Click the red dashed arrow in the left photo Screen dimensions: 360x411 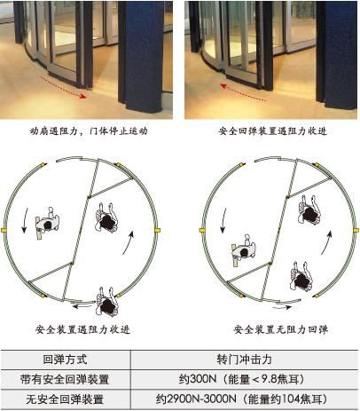pyautogui.click(x=64, y=88)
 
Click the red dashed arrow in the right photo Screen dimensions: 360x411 pyautogui.click(x=244, y=93)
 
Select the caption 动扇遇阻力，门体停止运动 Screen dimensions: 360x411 pyautogui.click(x=89, y=130)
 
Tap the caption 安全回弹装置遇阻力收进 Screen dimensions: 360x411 pyautogui.click(x=273, y=130)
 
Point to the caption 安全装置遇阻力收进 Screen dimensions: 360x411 pyautogui.click(x=82, y=329)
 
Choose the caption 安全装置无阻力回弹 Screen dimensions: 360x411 pyautogui.click(x=281, y=329)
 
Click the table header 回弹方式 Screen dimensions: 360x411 pyautogui.click(x=65, y=360)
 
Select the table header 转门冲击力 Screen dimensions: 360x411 pyautogui.click(x=245, y=360)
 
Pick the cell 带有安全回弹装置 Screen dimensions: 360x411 pyautogui.click(x=65, y=379)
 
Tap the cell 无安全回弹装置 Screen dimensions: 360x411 pyautogui.click(x=65, y=399)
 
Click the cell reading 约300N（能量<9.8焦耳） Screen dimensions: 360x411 pyautogui.click(x=241, y=379)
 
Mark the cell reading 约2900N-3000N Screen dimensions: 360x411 pyautogui.click(x=196, y=399)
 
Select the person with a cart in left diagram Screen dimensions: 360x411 pyautogui.click(x=48, y=223)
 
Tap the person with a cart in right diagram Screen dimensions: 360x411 pyautogui.click(x=244, y=250)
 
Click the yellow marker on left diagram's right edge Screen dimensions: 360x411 pyautogui.click(x=157, y=230)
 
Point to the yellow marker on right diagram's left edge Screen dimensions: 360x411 pyautogui.click(x=202, y=230)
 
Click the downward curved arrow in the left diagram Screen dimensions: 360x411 pyautogui.click(x=25, y=220)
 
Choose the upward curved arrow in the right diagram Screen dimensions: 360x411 pyautogui.click(x=326, y=242)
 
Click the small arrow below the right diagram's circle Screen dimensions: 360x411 pyautogui.click(x=282, y=307)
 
